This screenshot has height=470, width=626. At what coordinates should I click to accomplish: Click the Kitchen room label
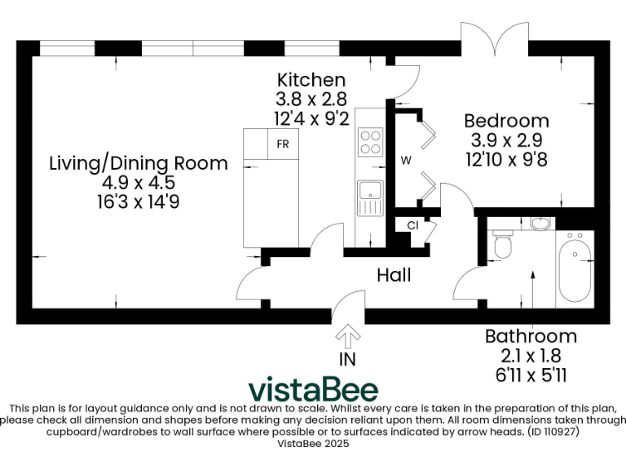click(x=311, y=80)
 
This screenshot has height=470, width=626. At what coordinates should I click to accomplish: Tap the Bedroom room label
click(x=506, y=121)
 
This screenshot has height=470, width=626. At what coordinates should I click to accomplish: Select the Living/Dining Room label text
click(x=139, y=162)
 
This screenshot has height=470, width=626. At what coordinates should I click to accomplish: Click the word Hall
click(x=394, y=276)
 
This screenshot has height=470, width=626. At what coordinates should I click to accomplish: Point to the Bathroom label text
click(x=531, y=336)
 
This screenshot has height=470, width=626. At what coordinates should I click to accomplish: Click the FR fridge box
click(x=283, y=144)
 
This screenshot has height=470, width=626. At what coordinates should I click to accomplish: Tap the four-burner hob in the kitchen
click(x=370, y=143)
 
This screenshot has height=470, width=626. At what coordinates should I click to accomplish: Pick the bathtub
click(x=575, y=268)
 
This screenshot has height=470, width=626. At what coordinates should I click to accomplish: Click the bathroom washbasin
click(x=540, y=222)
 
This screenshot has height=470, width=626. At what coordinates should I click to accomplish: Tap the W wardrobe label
click(x=405, y=161)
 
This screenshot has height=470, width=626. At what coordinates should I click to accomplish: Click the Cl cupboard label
click(x=412, y=225)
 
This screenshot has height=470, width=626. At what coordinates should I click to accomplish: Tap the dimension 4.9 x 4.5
click(x=139, y=182)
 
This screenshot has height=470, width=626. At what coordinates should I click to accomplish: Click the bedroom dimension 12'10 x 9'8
click(x=506, y=159)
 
